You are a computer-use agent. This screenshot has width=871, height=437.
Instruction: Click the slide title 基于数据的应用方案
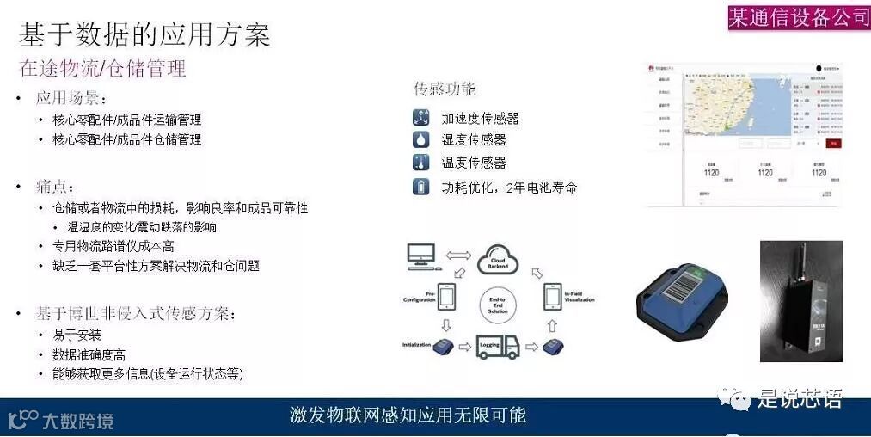tap(144, 34)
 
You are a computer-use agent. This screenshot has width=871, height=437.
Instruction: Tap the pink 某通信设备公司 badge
tap(799, 17)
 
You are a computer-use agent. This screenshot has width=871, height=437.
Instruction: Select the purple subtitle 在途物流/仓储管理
tap(102, 69)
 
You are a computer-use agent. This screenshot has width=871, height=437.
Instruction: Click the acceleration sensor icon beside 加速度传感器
tap(420, 118)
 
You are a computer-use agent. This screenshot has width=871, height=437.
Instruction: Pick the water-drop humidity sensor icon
tap(420, 139)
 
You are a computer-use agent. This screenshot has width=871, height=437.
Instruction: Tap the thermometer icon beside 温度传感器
tap(420, 163)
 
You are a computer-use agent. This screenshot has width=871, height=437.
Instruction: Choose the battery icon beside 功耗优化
tap(420, 187)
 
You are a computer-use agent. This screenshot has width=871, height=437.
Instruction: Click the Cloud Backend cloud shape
tap(498, 258)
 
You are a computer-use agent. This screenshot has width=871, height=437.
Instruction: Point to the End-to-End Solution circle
tap(498, 303)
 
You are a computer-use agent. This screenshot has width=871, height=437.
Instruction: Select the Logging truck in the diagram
tap(498, 346)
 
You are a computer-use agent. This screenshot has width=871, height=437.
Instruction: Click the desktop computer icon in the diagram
tap(422, 255)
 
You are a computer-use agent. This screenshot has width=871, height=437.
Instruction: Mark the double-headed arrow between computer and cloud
tap(458, 255)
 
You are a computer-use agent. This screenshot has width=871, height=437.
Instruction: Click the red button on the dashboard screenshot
tap(832, 143)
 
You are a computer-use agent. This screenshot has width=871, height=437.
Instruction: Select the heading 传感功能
tap(445, 89)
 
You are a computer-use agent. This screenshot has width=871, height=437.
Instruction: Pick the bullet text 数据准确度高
tap(89, 354)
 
